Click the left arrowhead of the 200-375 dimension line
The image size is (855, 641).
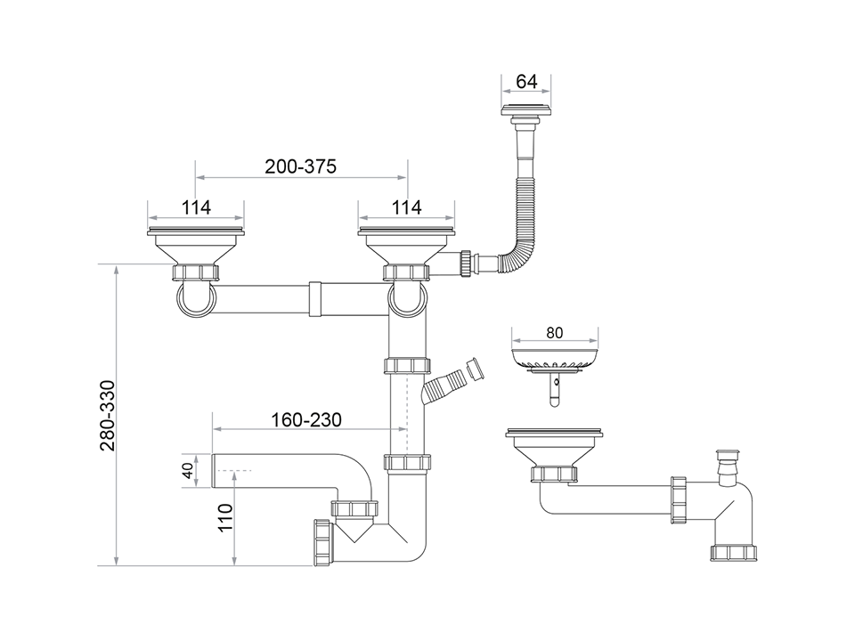[x=199, y=177]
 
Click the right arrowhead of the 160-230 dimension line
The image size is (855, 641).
[x=403, y=429]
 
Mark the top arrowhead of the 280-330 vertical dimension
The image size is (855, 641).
[x=116, y=269]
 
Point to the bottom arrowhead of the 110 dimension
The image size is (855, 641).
[x=234, y=561]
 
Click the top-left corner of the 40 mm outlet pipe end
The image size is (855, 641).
[x=212, y=453]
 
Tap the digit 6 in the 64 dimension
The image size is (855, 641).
[x=522, y=82]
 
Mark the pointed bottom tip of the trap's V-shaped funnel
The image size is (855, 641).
[x=354, y=542]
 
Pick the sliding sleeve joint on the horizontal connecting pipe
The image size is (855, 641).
[x=314, y=299]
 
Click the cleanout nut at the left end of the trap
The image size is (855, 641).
[x=323, y=543]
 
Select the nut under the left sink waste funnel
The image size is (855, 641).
[x=196, y=272]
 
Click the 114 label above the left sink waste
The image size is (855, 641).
[x=196, y=207]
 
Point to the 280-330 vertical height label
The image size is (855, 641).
[x=108, y=416]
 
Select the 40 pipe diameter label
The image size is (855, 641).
[x=188, y=470]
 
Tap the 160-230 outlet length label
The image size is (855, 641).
[x=306, y=419]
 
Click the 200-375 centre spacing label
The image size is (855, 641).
[x=300, y=166]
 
